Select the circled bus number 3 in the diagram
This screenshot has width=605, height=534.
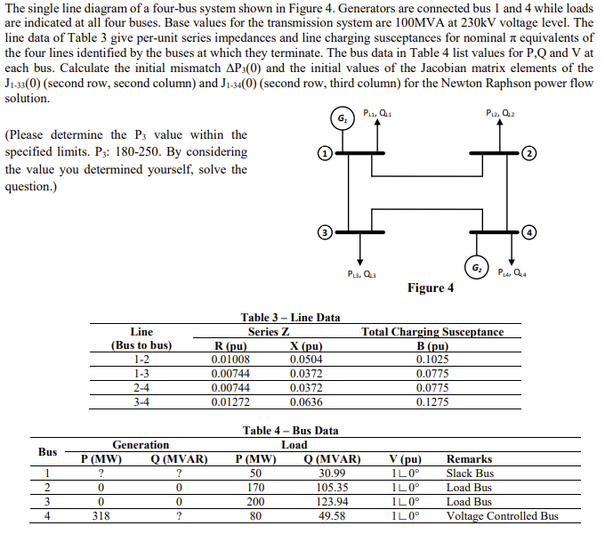point(327,232)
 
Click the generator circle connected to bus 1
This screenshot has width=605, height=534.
point(341,119)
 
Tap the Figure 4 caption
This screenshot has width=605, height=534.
point(430,287)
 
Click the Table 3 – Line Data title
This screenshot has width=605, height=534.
point(290,318)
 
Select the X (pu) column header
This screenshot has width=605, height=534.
point(306,346)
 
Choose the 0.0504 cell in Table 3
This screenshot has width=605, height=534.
point(306,360)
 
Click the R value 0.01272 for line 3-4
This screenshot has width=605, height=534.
point(230,402)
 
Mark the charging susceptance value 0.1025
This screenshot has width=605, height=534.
point(432,360)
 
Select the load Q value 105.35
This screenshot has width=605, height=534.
point(332,488)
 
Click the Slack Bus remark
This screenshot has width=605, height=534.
point(470,473)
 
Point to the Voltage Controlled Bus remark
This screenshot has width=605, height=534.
point(502,516)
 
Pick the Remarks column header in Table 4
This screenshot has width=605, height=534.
point(468,459)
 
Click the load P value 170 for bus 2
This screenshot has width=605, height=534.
point(254,488)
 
